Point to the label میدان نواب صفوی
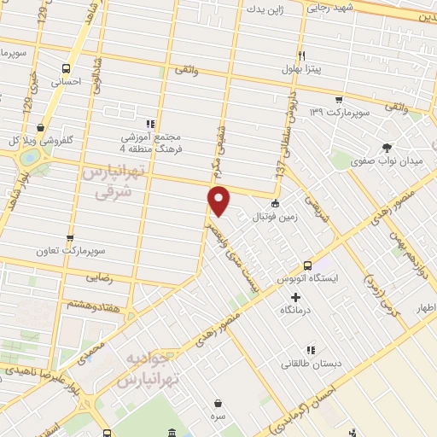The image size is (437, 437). pyautogui.click(x=389, y=162)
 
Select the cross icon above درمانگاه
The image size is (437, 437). pyautogui.click(x=296, y=297)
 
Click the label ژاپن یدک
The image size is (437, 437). pyautogui.click(x=264, y=10)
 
